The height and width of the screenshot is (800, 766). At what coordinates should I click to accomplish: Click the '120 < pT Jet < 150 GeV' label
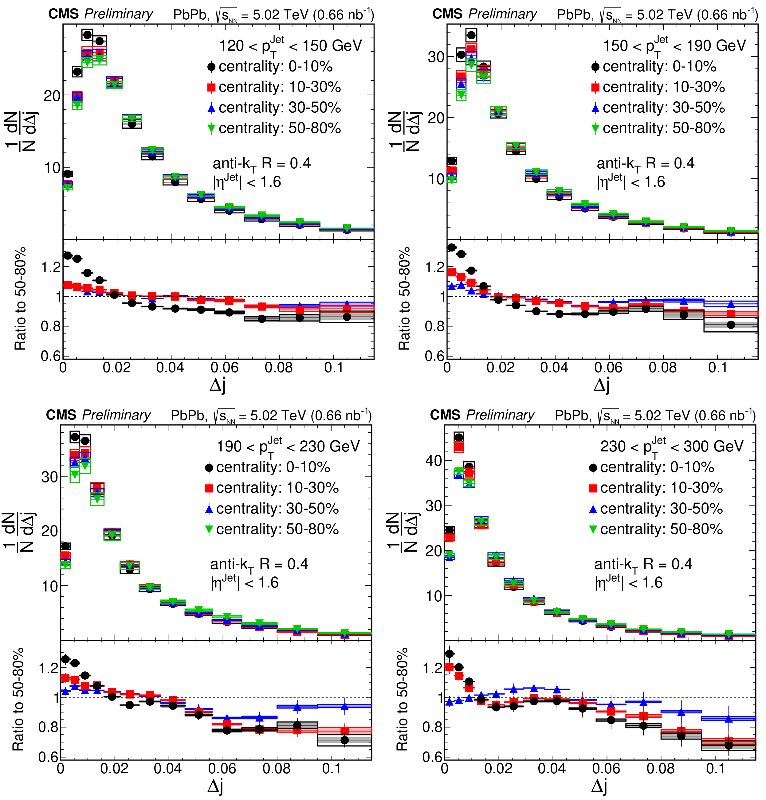(290, 45)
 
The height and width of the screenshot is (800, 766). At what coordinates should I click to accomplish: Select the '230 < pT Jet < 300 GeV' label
(672, 446)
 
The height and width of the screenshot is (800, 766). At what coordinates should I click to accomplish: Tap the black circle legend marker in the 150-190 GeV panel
(595, 67)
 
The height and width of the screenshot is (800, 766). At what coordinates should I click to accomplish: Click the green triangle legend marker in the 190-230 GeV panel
(209, 529)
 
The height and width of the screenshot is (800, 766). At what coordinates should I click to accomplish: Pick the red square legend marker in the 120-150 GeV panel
(211, 87)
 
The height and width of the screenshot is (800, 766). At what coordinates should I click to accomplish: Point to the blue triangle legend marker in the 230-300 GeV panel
(593, 509)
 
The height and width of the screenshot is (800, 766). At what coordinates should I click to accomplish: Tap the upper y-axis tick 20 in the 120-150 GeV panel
(52, 96)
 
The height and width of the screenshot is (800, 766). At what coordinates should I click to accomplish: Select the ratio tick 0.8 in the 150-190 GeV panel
(434, 326)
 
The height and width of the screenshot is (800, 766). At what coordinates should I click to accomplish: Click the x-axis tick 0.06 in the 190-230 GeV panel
(222, 769)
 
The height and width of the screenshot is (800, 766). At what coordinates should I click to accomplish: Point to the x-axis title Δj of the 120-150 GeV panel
(218, 385)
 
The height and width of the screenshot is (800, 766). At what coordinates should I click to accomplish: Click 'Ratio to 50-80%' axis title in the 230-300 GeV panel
(402, 699)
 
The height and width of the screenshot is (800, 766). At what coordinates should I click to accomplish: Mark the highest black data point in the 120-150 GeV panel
(87, 35)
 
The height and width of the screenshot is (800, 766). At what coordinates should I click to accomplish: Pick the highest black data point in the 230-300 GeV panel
(459, 437)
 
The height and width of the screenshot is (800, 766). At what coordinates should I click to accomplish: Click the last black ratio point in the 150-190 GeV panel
(731, 325)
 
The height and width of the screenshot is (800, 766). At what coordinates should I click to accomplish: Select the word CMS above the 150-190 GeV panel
(447, 14)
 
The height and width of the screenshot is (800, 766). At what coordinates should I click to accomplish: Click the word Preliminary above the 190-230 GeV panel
(116, 415)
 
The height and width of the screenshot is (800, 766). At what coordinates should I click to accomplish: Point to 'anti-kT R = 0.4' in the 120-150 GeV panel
(261, 164)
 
